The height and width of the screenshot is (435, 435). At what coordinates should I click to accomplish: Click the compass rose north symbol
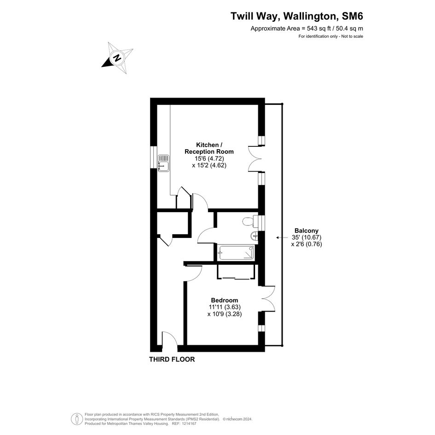[117, 58]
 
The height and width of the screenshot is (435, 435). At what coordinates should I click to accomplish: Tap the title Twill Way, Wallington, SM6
[297, 16]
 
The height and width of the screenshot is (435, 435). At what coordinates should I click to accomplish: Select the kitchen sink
[164, 163]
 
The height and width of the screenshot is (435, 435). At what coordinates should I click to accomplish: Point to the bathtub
[237, 252]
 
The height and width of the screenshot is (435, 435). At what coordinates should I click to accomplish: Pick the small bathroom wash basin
[254, 237]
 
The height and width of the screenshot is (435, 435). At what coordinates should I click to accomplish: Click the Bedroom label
[225, 300]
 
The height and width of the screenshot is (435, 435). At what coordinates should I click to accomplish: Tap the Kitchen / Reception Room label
[209, 148]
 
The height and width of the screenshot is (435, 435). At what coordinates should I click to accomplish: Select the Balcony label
[306, 231]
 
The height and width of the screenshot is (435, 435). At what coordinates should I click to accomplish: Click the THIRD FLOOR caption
[172, 359]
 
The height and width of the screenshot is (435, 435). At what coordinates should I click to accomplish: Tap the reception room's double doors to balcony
[255, 159]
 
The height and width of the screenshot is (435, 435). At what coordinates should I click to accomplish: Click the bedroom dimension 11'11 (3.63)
[225, 307]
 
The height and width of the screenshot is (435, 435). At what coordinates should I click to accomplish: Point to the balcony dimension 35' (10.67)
[306, 238]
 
